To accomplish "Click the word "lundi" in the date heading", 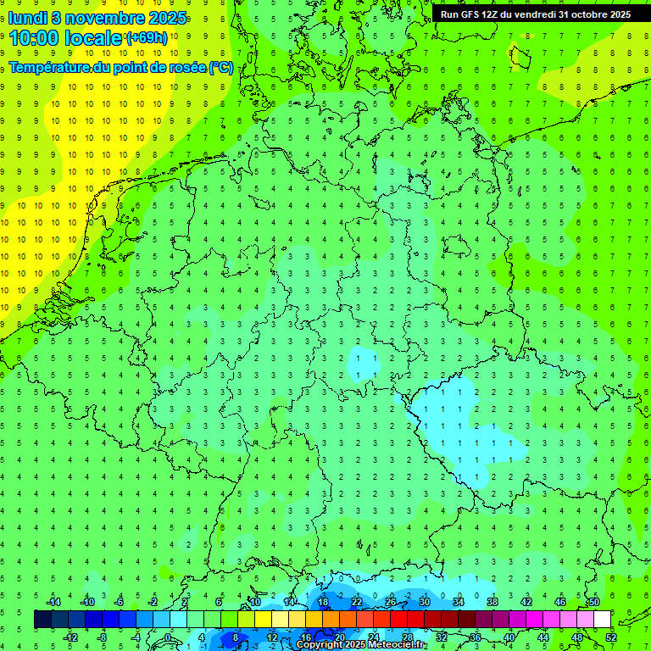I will [27, 18].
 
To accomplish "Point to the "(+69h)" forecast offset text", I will [147, 38].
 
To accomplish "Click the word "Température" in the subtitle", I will [49, 67].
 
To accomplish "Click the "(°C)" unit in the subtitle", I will [220, 67].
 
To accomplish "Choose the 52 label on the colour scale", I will [611, 637].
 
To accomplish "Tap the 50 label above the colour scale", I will [593, 602].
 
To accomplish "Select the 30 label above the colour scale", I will [424, 602].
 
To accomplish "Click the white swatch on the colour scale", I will [602, 620].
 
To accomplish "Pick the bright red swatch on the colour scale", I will [398, 620].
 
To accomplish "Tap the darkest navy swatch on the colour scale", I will [42, 620].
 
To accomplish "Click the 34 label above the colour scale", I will [458, 602].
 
